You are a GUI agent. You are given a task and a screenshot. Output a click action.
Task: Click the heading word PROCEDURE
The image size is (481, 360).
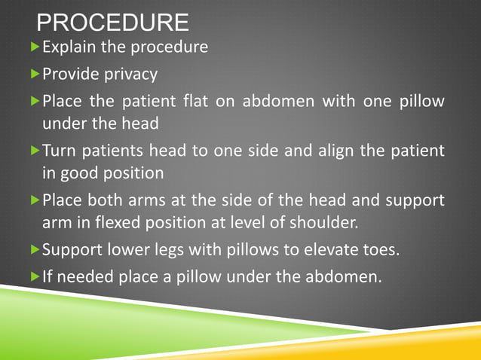coord(112,23)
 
